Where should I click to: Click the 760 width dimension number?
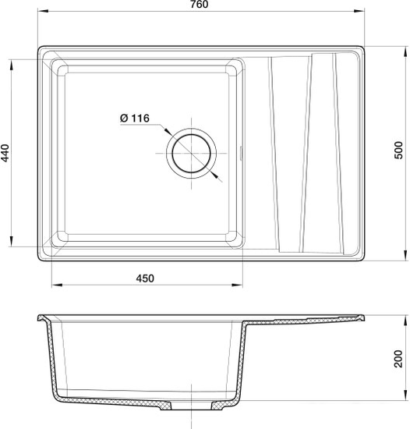click(x=200, y=5)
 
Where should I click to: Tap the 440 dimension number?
click(x=5, y=153)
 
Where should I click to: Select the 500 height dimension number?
click(x=399, y=150)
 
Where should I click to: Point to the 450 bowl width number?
click(x=145, y=278)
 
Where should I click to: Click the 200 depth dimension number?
click(x=399, y=359)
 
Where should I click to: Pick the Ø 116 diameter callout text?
click(x=135, y=119)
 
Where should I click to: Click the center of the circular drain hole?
click(x=191, y=153)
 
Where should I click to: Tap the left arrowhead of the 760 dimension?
click(x=43, y=11)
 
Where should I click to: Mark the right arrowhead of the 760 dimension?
click(x=359, y=11)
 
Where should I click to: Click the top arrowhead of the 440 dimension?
click(x=11, y=66)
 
